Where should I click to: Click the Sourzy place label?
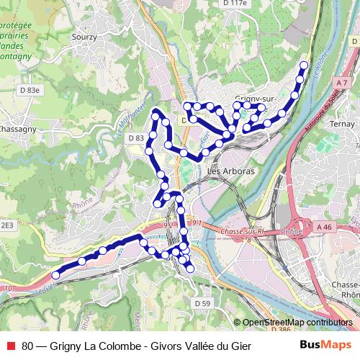(x=84, y=35)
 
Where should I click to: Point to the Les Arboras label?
(x=230, y=171)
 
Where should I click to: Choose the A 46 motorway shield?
(x=326, y=226)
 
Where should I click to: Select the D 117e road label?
(x=235, y=3)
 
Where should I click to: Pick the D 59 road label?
(x=202, y=304)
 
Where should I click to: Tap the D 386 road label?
(x=271, y=329)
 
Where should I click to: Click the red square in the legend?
(x=10, y=345)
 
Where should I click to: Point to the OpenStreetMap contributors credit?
(x=297, y=323)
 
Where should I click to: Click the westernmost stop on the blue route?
(x=55, y=275)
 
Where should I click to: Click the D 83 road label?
(x=136, y=138)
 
